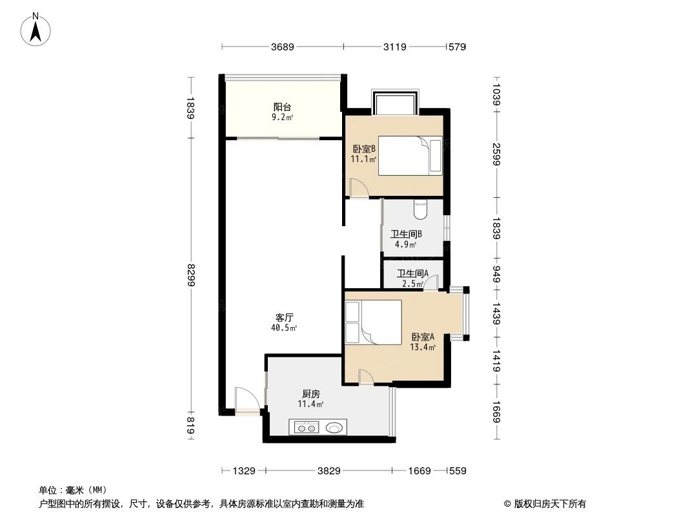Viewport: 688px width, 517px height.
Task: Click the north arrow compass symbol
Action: click(x=35, y=30)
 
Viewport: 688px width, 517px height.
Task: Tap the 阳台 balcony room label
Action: click(x=282, y=107)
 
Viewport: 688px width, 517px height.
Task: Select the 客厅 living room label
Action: click(x=285, y=317)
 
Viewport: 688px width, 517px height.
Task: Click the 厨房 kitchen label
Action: click(x=310, y=394)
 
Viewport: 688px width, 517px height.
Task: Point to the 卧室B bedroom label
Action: click(x=364, y=149)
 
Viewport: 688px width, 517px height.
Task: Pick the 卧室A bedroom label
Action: click(x=423, y=337)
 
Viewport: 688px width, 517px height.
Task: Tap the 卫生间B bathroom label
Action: click(x=407, y=234)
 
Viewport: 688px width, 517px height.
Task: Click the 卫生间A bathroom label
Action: click(x=413, y=273)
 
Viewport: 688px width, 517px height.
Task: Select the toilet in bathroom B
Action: click(x=420, y=209)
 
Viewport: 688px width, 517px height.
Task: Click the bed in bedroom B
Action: click(x=410, y=156)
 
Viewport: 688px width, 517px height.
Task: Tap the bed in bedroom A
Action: click(x=374, y=322)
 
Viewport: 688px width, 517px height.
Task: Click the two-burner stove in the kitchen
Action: click(x=307, y=427)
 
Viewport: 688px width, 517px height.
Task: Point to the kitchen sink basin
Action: click(x=334, y=427)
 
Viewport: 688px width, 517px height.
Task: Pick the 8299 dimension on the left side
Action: click(x=191, y=275)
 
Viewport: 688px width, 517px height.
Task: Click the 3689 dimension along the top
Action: click(x=283, y=47)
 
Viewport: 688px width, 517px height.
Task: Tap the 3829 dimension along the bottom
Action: click(x=329, y=471)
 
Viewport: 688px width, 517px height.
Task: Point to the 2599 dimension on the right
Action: click(x=496, y=154)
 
